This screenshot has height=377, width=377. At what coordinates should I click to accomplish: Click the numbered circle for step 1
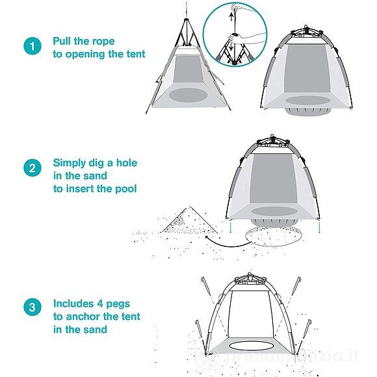pyautogui.click(x=31, y=47)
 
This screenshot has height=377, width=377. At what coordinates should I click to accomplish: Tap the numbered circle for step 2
pyautogui.click(x=31, y=169)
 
